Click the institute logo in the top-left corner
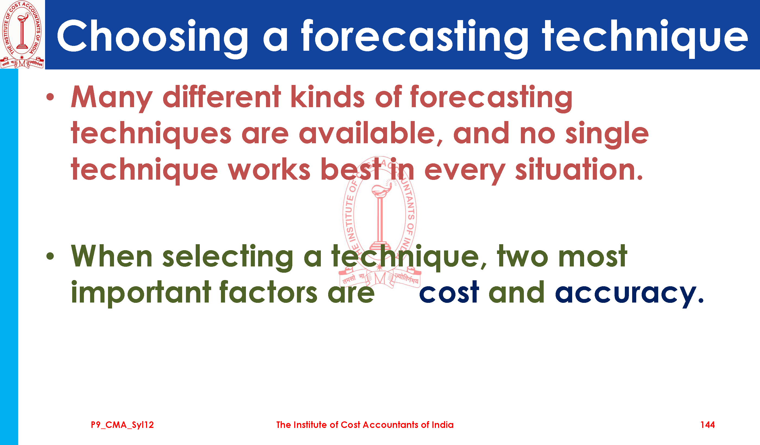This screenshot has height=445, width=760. [22, 34]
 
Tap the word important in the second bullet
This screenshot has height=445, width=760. [141, 293]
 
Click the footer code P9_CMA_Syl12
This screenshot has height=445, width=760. [122, 425]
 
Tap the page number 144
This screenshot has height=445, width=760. [708, 425]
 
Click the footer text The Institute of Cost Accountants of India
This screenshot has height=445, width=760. [365, 425]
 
